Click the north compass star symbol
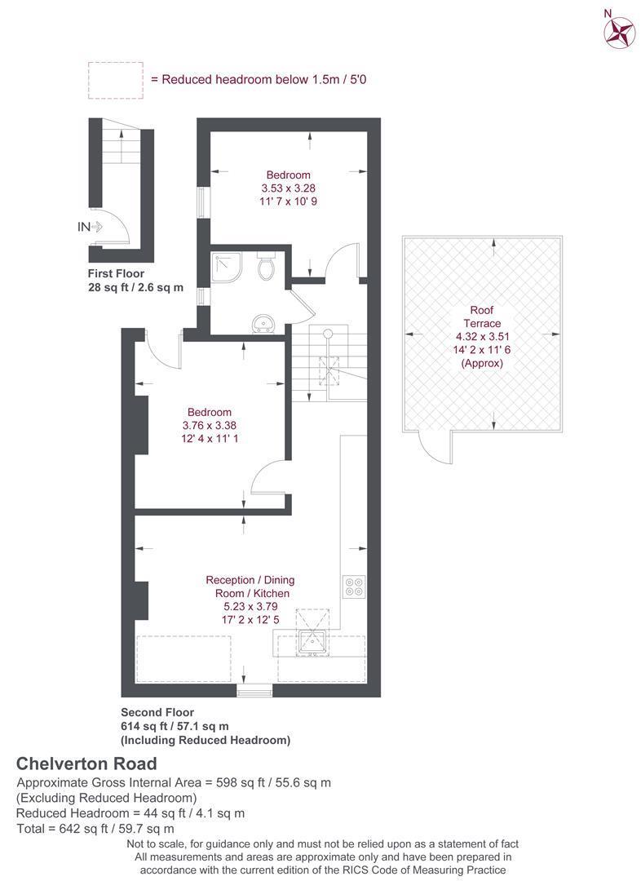[619, 33]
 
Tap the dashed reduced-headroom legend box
[116, 80]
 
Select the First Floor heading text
[116, 273]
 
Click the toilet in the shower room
[266, 266]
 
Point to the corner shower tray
[227, 268]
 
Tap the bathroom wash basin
[263, 324]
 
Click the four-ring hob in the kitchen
[354, 587]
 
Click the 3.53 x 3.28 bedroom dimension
[288, 188]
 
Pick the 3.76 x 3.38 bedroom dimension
[210, 425]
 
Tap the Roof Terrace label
[482, 317]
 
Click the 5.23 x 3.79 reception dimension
[250, 606]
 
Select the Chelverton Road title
[86, 764]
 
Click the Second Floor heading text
[157, 712]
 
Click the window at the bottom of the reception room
[254, 690]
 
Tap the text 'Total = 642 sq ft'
[62, 828]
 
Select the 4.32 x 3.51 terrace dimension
[482, 337]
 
